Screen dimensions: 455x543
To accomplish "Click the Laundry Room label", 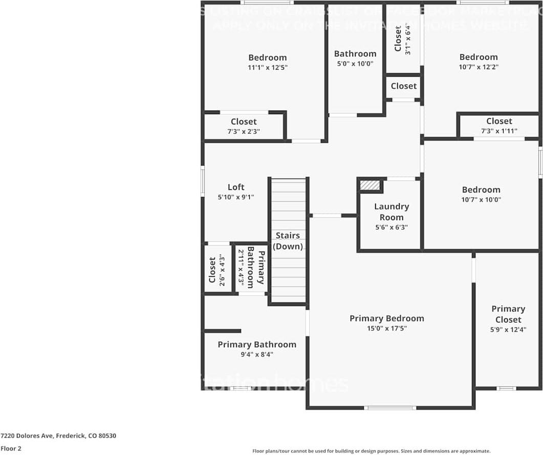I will point(392,211).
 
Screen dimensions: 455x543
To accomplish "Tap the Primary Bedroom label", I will point(386,318).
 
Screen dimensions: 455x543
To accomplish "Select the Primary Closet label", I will point(508,314).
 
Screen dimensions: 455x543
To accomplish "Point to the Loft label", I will point(236,187).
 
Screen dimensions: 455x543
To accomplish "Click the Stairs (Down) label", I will point(288,241).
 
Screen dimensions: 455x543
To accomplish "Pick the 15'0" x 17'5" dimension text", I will point(386,329).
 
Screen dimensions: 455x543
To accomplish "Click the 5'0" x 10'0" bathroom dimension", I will point(355,64).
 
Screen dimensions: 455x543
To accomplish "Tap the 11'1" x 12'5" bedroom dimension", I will point(268,68).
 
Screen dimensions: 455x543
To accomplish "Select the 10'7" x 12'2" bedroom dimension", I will point(479,67).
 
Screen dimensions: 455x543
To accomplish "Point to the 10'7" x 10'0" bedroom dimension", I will point(481,200).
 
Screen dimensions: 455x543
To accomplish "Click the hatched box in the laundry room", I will point(370,185).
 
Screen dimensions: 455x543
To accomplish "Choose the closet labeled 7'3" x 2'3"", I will point(244,126).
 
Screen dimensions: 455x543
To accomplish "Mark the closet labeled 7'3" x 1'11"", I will point(499,125).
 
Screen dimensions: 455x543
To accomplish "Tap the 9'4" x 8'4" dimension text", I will point(257,354).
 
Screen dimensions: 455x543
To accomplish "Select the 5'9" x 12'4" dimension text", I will point(508,330).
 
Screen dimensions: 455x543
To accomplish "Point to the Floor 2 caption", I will point(11,448).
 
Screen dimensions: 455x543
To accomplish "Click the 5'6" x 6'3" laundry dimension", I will point(392,228).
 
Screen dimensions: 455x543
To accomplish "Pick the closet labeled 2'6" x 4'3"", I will point(216,269).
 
